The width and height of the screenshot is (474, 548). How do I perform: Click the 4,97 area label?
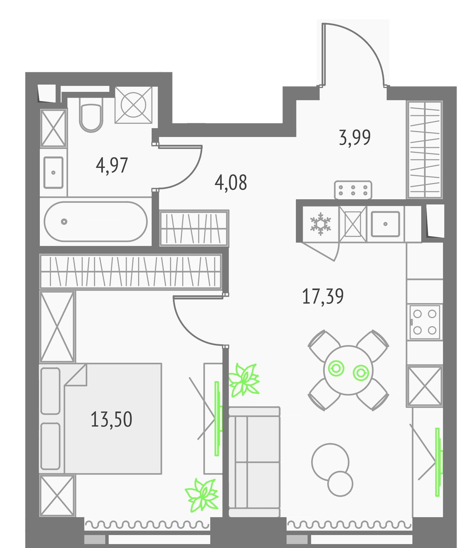click(x=112, y=165)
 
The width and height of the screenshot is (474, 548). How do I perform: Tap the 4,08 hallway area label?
click(x=231, y=183)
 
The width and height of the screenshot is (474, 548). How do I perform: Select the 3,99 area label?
click(x=355, y=138)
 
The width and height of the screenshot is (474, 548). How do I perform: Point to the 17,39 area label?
click(x=323, y=296)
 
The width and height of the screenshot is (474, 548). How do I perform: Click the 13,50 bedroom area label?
click(x=111, y=420)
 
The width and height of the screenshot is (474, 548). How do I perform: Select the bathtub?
click(x=96, y=222)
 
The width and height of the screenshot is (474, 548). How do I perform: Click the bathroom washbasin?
click(x=53, y=173)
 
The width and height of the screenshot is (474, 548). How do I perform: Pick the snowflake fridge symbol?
click(x=321, y=224)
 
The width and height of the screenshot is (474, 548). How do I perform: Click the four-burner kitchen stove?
click(x=425, y=322)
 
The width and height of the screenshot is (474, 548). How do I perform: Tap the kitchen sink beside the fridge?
click(x=386, y=224)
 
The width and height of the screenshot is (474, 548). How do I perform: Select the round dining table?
click(x=348, y=370)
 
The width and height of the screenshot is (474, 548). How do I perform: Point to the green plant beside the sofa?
click(x=244, y=380)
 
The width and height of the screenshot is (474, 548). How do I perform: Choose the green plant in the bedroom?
click(x=202, y=495)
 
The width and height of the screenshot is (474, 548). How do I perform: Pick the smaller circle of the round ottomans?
click(x=340, y=484)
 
